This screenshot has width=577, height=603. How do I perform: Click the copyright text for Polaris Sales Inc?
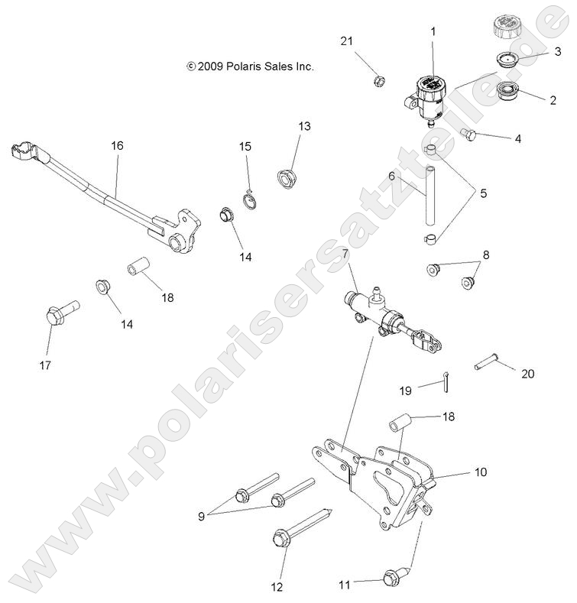pos(250,66)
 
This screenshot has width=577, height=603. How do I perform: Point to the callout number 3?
pos(557,52)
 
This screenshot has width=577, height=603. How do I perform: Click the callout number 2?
pos(552,99)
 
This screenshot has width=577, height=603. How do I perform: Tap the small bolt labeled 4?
pos(468,135)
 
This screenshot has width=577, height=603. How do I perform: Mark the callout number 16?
pos(117,145)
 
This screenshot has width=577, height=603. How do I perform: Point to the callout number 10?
pos(481,473)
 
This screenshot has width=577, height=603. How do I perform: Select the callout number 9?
pos(202,515)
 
